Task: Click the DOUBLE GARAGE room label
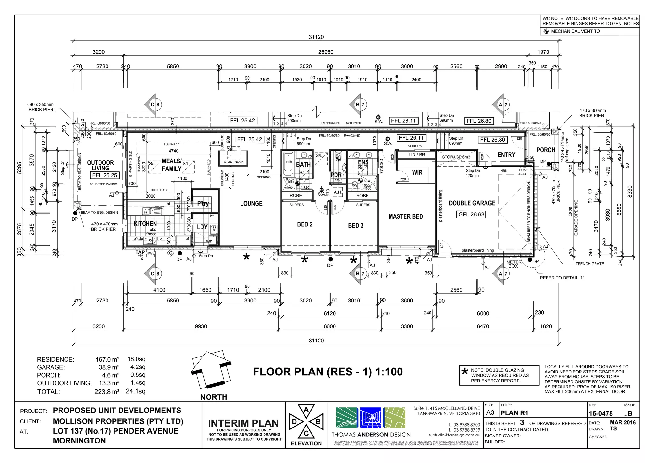click(472, 203)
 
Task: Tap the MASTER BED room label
click(406, 216)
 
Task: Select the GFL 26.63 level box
click(471, 214)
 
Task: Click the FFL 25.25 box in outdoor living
click(105, 175)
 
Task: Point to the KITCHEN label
click(145, 224)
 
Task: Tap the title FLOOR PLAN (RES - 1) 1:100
click(327, 372)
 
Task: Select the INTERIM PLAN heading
click(243, 423)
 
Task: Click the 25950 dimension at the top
click(326, 52)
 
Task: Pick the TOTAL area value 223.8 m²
click(107, 392)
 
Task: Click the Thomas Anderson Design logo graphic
click(370, 418)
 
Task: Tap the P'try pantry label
click(203, 204)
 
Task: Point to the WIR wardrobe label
click(417, 172)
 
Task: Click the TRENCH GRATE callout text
click(589, 264)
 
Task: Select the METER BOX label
click(513, 264)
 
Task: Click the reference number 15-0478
click(601, 413)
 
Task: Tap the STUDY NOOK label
click(233, 162)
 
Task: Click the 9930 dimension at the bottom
click(201, 326)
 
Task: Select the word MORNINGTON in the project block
click(79, 441)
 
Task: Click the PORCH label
click(546, 150)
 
